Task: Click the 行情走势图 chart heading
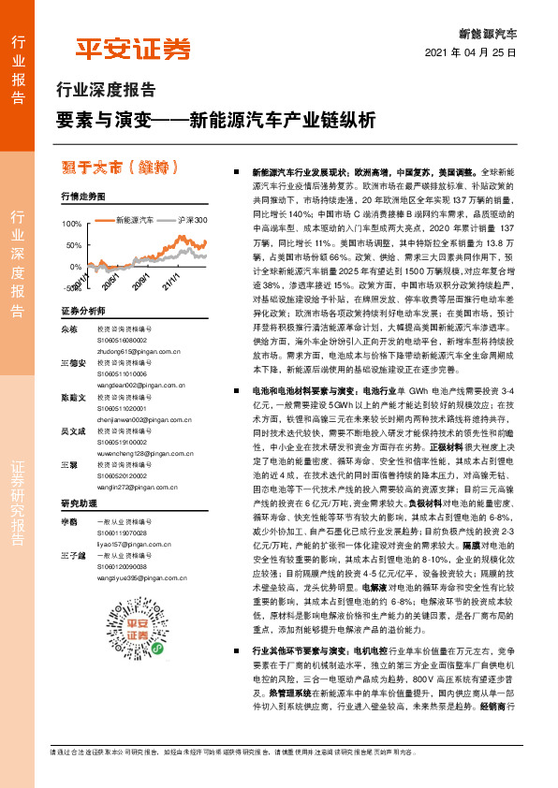[x=82, y=197]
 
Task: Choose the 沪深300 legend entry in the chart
[x=187, y=220]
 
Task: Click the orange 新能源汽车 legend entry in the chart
[x=129, y=220]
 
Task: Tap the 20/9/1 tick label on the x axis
[x=140, y=281]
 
